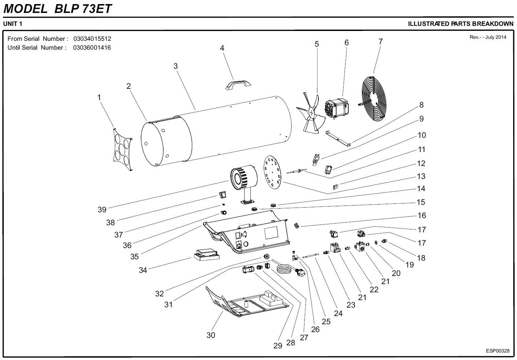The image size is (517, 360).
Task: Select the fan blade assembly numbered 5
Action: pyautogui.click(x=310, y=113)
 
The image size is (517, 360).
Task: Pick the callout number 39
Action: pyautogui.click(x=102, y=210)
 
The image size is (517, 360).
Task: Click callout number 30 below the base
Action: pyautogui.click(x=211, y=335)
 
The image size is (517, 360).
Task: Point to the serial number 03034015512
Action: pyautogui.click(x=92, y=39)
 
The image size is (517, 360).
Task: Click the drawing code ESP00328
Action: pyautogui.click(x=498, y=351)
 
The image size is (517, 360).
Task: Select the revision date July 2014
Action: pyautogui.click(x=496, y=37)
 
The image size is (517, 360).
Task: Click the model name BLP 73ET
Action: pyautogui.click(x=83, y=9)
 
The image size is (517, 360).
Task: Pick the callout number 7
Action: pyautogui.click(x=381, y=42)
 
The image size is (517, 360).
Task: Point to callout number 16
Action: pyautogui.click(x=422, y=215)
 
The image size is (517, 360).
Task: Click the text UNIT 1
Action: pyautogui.click(x=13, y=24)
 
